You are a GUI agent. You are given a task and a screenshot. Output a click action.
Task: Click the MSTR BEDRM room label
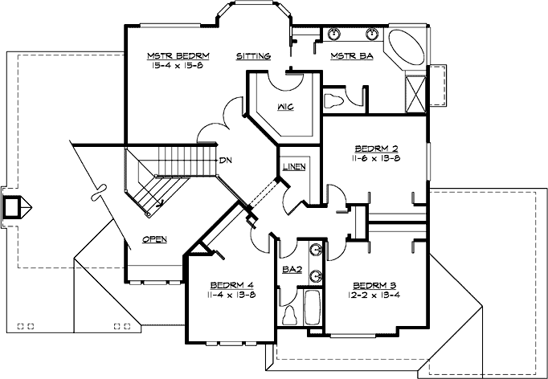[x=178, y=55]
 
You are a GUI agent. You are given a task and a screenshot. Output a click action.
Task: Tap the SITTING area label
[x=253, y=56]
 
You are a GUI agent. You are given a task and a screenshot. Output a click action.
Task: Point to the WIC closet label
[x=284, y=108]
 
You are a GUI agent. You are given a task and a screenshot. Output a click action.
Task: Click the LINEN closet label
[x=293, y=167]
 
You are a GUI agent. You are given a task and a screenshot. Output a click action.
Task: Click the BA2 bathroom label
[x=291, y=271]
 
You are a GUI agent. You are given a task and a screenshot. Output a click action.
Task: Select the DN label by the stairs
[x=227, y=159]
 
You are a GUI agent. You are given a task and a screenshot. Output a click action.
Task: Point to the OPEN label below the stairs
[x=154, y=239]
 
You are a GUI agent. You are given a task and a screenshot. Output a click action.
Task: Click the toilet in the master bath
[x=333, y=102]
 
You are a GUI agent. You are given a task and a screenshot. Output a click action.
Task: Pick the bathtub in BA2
[x=312, y=308]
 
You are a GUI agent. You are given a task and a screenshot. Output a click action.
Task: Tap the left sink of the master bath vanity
[x=334, y=35]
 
